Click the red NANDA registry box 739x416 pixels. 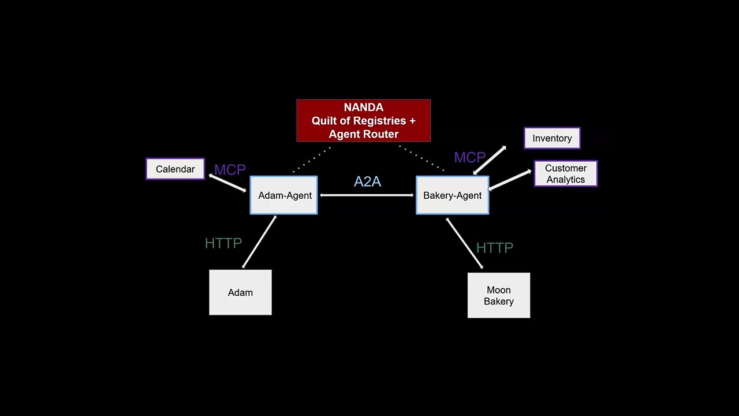click(363, 121)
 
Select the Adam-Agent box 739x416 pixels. click(283, 195)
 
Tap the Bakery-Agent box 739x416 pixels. click(452, 195)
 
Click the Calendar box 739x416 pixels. click(175, 169)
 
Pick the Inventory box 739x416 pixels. click(552, 138)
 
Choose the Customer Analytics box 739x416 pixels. click(565, 173)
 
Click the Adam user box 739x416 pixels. click(240, 292)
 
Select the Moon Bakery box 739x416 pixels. click(498, 295)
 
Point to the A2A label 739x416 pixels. click(367, 181)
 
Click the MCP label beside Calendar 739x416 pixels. click(230, 170)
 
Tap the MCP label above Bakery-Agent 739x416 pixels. click(469, 157)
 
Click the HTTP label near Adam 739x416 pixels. click(223, 243)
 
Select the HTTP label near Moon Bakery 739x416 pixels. click(494, 248)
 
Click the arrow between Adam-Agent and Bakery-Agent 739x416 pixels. click(367, 195)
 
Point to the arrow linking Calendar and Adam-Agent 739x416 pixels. click(227, 183)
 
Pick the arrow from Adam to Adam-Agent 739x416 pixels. click(259, 242)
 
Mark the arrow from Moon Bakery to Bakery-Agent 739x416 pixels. click(464, 243)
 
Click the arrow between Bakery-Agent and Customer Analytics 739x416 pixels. click(510, 179)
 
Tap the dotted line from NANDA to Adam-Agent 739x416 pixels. click(312, 160)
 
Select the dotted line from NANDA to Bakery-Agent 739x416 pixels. click(421, 159)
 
